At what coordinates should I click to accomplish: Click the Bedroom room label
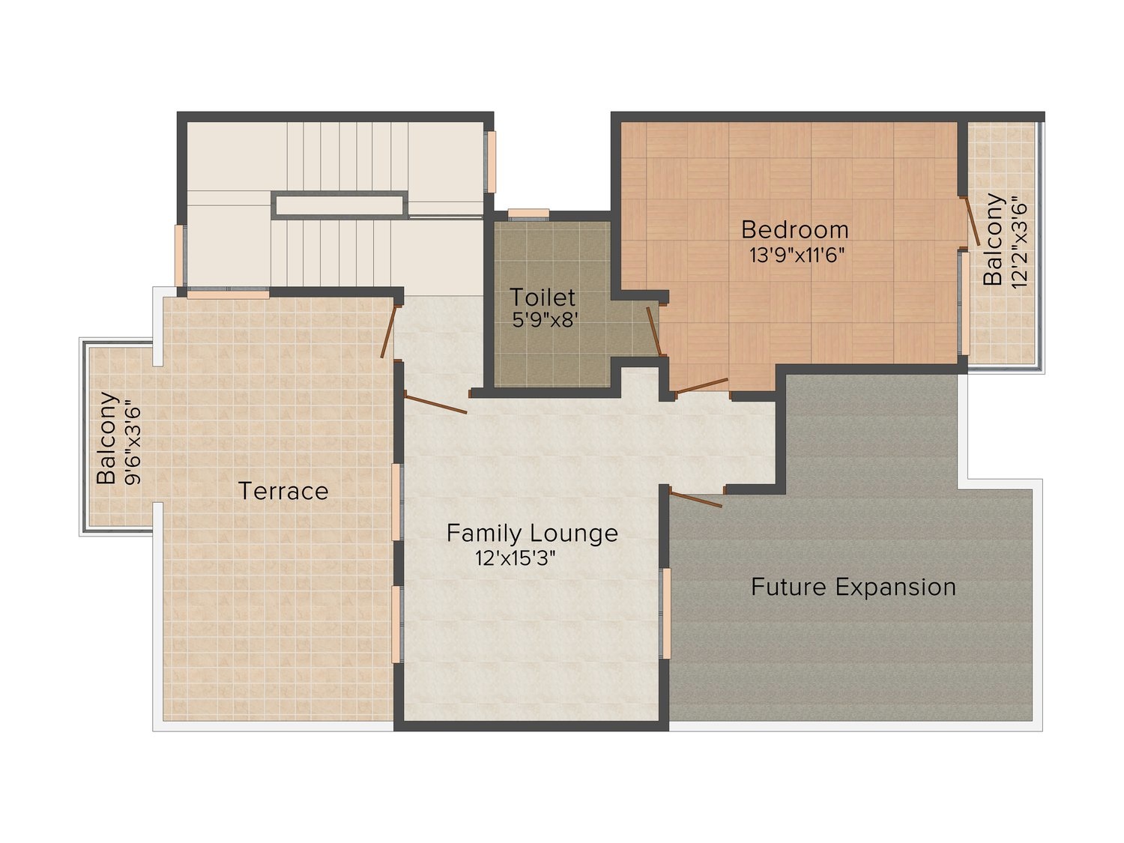point(794,229)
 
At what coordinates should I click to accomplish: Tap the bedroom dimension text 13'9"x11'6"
point(797,255)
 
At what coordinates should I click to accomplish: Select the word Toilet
point(543,297)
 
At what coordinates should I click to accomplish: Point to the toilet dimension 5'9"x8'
point(545,321)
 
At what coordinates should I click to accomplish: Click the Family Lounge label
point(532,534)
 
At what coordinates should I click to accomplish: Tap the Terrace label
point(283,491)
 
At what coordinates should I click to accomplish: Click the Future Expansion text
point(853,587)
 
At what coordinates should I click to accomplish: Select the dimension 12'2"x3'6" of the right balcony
point(1017,241)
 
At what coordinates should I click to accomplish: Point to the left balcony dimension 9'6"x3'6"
point(133,443)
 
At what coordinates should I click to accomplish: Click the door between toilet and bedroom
point(653,330)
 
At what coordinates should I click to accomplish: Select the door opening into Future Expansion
point(696,499)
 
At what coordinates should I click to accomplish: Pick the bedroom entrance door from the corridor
point(701,386)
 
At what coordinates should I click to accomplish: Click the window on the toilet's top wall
point(528,214)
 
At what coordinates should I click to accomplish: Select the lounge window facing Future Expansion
point(665,613)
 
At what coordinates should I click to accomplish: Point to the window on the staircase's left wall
point(180,255)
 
